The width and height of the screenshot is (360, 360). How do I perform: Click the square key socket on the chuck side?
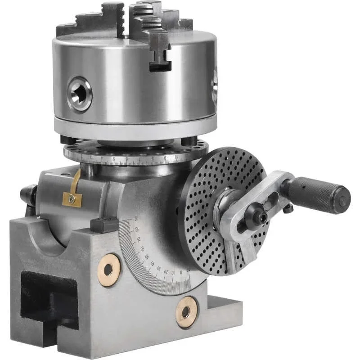coord(80,94)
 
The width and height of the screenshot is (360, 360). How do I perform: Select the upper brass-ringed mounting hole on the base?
coord(108,270)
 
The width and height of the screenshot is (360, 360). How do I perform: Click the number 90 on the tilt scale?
coord(135,219)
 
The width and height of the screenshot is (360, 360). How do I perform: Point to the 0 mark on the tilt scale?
coord(182,272)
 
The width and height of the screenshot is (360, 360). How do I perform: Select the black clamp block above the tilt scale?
coord(104,224)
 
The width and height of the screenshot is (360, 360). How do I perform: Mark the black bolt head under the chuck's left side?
coord(68,140)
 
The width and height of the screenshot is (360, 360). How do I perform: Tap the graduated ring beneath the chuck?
coord(135,156)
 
